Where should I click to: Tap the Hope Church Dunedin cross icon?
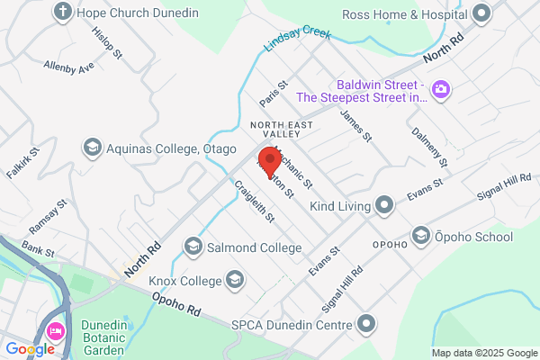tap(63, 13)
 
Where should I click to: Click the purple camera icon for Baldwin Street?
tap(441, 89)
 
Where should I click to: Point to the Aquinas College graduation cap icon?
tap(91, 147)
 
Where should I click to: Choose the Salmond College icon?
tap(193, 246)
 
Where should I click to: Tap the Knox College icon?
tap(235, 280)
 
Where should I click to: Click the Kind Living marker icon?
tap(385, 206)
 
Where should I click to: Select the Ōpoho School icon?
tap(420, 237)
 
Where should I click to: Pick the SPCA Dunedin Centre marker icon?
tap(366, 323)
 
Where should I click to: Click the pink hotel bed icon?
tap(56, 330)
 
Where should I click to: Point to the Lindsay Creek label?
tap(297, 41)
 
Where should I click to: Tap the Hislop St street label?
tap(107, 41)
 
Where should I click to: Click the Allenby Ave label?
tap(69, 67)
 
